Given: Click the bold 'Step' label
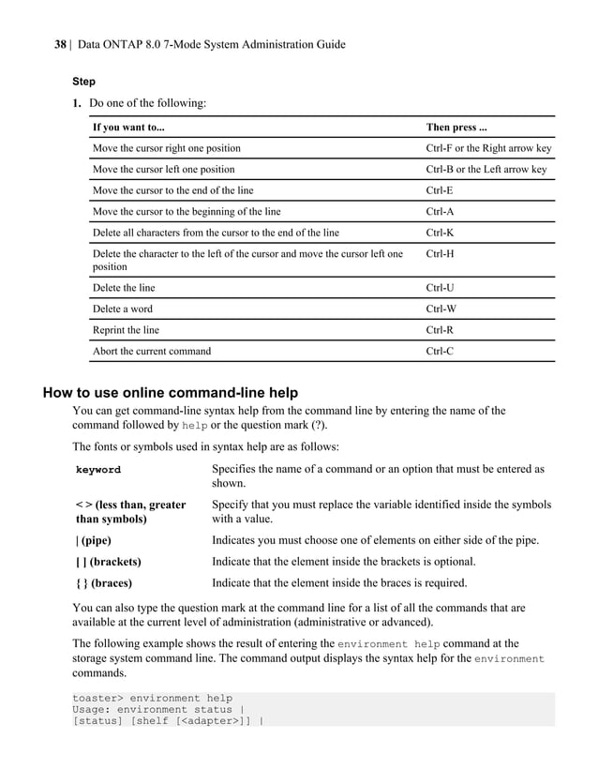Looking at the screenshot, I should pyautogui.click(x=84, y=82).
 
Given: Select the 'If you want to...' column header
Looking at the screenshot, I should pyautogui.click(x=128, y=127).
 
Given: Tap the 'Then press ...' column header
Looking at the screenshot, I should pyautogui.click(x=456, y=127).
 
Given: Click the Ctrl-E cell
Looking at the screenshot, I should pyautogui.click(x=440, y=190).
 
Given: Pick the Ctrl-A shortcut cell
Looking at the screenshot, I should pyautogui.click(x=440, y=211).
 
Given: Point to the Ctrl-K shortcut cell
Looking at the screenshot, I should pyautogui.click(x=440, y=233).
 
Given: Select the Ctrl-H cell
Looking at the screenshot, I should pyautogui.click(x=440, y=254).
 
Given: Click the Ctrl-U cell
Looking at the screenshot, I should pyautogui.click(x=440, y=288).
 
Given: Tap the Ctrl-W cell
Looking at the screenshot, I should pyautogui.click(x=441, y=309).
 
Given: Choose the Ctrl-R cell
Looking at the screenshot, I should pyautogui.click(x=440, y=330).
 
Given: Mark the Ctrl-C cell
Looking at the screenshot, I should pyautogui.click(x=440, y=352).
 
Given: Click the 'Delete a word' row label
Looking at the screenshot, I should pyautogui.click(x=122, y=309).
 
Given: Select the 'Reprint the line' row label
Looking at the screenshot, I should pyautogui.click(x=126, y=330).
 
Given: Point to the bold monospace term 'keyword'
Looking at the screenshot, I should pyautogui.click(x=97, y=470).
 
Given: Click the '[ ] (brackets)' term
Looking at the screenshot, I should pyautogui.click(x=108, y=562).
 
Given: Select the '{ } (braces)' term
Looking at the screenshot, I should pyautogui.click(x=103, y=583).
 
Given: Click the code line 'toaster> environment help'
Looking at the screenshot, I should pyautogui.click(x=153, y=699).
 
